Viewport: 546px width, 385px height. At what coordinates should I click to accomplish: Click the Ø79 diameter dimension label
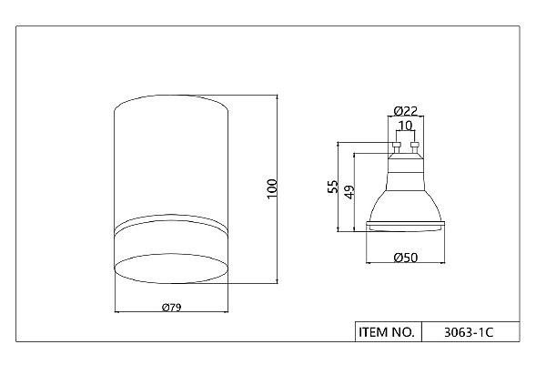172,308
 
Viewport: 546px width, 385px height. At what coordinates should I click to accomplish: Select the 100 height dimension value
272,188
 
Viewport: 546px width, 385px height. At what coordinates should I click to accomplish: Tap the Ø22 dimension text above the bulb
406,111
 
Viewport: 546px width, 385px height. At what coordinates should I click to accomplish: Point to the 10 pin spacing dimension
405,125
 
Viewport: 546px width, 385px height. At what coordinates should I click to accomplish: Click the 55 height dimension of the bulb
332,187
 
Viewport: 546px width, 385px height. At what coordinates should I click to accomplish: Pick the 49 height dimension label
349,192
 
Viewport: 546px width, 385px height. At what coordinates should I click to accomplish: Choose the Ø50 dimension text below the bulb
406,258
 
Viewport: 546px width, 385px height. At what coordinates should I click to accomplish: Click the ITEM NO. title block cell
388,331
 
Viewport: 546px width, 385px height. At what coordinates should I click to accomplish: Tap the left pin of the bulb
396,147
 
